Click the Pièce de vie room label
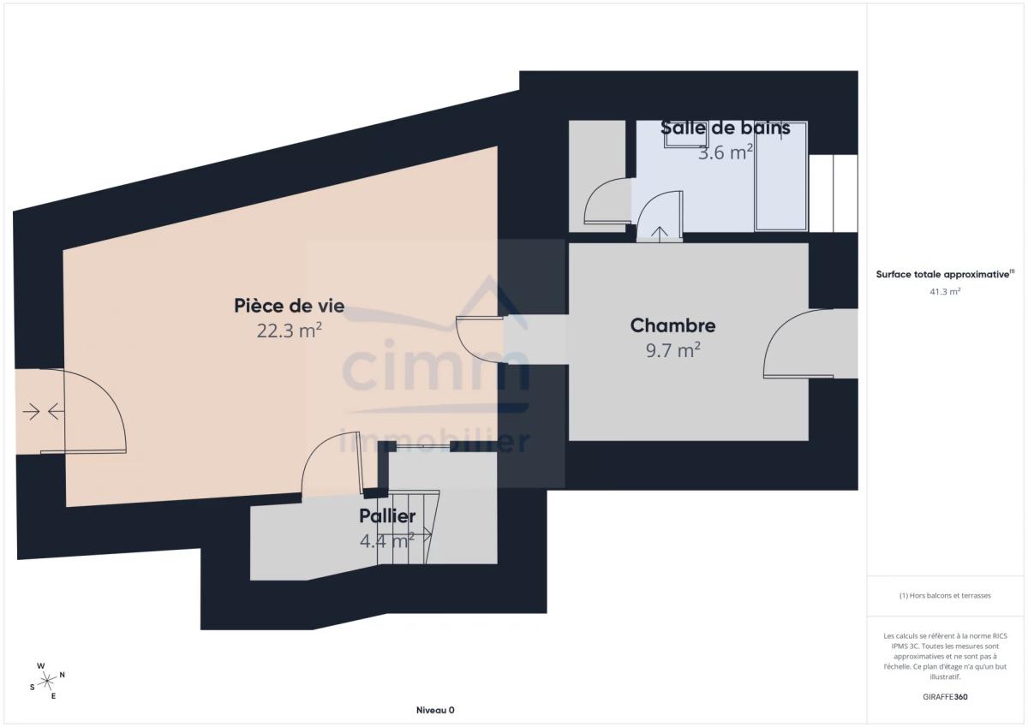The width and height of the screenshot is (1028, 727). (x=290, y=306)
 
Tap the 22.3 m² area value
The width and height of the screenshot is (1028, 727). (x=290, y=331)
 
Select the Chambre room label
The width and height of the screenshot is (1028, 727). (x=672, y=325)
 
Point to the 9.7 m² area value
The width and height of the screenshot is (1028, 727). (x=672, y=350)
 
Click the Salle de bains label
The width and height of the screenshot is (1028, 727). (x=725, y=128)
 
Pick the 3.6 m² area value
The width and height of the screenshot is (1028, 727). (x=725, y=152)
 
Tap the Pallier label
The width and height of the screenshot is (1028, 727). (x=387, y=516)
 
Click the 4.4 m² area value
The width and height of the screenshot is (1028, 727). (x=387, y=541)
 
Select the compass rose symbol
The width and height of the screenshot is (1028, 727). (x=47, y=681)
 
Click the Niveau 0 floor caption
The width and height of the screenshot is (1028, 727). (x=435, y=710)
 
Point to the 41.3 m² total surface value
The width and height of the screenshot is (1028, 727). (x=945, y=291)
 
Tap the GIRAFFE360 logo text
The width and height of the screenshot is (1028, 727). (x=945, y=697)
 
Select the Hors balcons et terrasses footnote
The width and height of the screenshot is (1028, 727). (x=945, y=595)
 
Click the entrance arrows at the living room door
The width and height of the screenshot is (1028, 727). (x=43, y=411)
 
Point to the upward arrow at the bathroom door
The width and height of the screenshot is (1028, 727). (x=660, y=234)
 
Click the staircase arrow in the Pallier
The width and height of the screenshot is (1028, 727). (x=404, y=535)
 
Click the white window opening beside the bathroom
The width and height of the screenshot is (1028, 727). (x=833, y=194)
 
